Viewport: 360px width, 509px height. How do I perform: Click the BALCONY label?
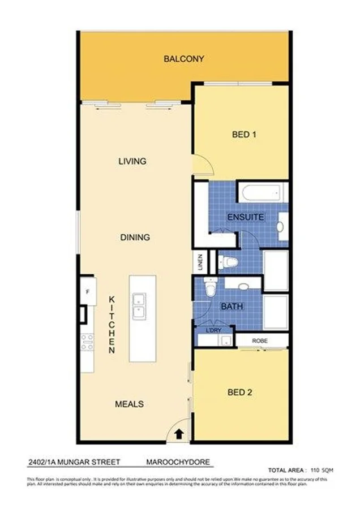point(183,59)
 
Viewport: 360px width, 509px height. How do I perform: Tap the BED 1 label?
point(245,135)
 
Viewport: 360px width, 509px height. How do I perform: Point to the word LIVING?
point(132,161)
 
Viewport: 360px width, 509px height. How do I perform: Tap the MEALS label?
point(129,404)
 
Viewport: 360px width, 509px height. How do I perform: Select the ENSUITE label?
point(246,217)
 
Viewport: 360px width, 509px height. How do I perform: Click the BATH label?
point(232,307)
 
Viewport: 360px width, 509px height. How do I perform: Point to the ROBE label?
point(260,341)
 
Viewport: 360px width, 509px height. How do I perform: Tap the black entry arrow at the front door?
point(179,434)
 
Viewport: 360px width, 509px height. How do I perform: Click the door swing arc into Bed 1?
point(204,164)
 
